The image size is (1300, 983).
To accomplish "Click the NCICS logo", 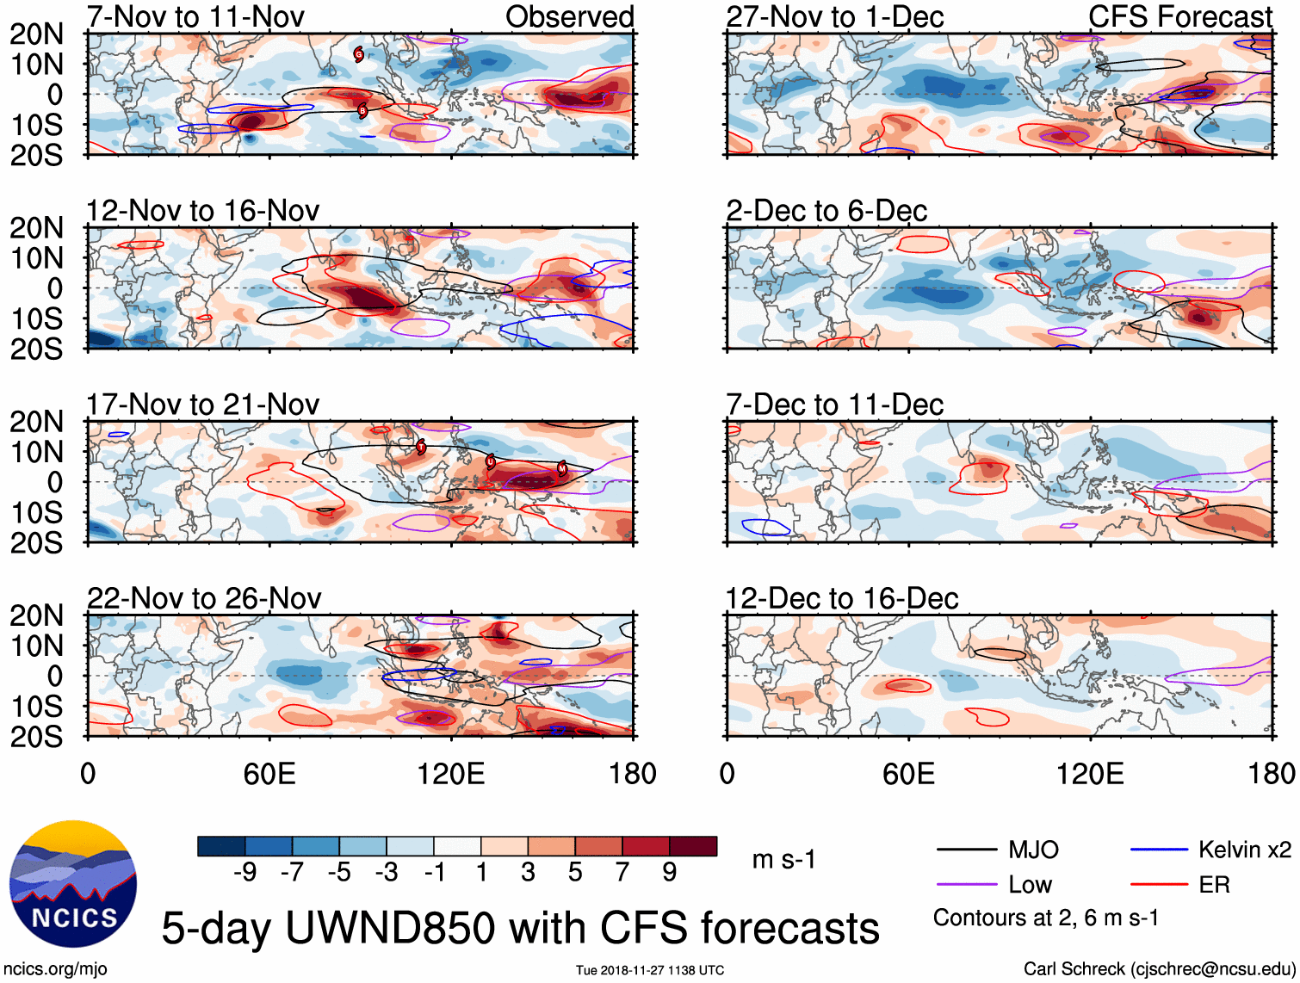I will tap(72, 883).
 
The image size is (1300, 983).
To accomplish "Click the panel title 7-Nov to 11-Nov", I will tap(195, 16).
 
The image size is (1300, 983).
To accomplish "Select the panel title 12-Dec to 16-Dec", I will tap(841, 598).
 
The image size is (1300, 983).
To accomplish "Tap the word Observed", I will tap(569, 16).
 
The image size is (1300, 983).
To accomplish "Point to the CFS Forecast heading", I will tap(1179, 16).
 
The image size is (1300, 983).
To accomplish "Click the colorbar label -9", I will tap(245, 873).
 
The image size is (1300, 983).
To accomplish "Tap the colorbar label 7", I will tap(622, 873).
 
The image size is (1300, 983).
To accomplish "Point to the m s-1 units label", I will tap(783, 860).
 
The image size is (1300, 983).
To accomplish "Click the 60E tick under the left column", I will tap(269, 774).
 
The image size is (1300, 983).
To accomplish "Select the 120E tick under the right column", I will tap(1090, 774).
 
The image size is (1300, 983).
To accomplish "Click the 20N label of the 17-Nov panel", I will tap(36, 422).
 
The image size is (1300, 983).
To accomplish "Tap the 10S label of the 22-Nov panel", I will tap(36, 707).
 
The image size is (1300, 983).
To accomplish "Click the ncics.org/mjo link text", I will tap(55, 969).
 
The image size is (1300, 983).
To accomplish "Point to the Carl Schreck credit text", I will tap(1159, 969).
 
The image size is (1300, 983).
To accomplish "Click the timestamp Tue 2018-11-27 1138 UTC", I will tap(650, 970).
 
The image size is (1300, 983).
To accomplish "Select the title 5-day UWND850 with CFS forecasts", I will tap(520, 928).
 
